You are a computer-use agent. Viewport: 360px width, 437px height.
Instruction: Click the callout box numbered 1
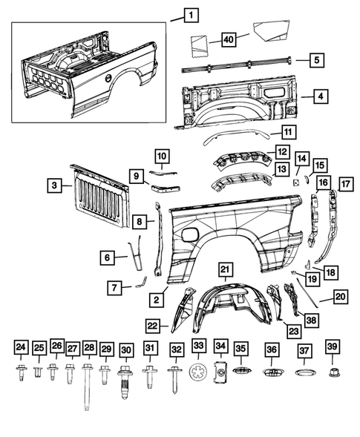coord(191,13)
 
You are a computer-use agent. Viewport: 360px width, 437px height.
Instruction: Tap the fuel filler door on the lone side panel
coord(191,235)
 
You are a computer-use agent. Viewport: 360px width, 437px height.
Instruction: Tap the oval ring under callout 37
coord(304,372)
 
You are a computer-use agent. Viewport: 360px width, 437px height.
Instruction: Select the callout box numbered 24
coord(21,347)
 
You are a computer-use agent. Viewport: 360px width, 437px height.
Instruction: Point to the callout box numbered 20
coord(340,297)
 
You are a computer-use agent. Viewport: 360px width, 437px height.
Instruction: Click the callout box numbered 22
coord(152,324)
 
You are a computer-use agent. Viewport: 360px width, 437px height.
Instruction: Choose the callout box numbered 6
coord(109,257)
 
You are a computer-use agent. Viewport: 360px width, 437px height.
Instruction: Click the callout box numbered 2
coord(157,300)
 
